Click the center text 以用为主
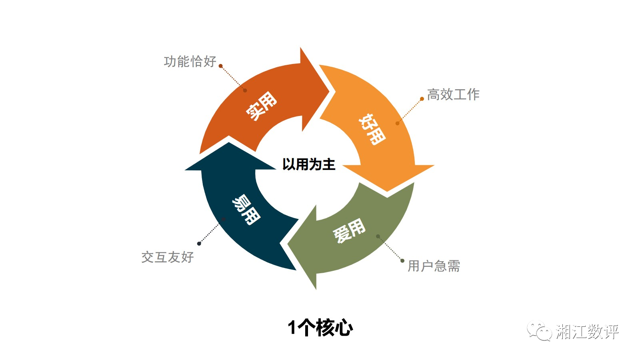308,164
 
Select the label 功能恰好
190,62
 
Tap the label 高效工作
453,94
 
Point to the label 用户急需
434,266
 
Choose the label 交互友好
168,257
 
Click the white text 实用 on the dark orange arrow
261,106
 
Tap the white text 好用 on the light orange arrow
372,129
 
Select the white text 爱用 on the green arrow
349,230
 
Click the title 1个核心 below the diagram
320,328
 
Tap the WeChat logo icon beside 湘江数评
539,331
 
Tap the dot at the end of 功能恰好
220,66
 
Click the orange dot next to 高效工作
422,99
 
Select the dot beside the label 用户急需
402,261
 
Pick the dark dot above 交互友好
199,244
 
